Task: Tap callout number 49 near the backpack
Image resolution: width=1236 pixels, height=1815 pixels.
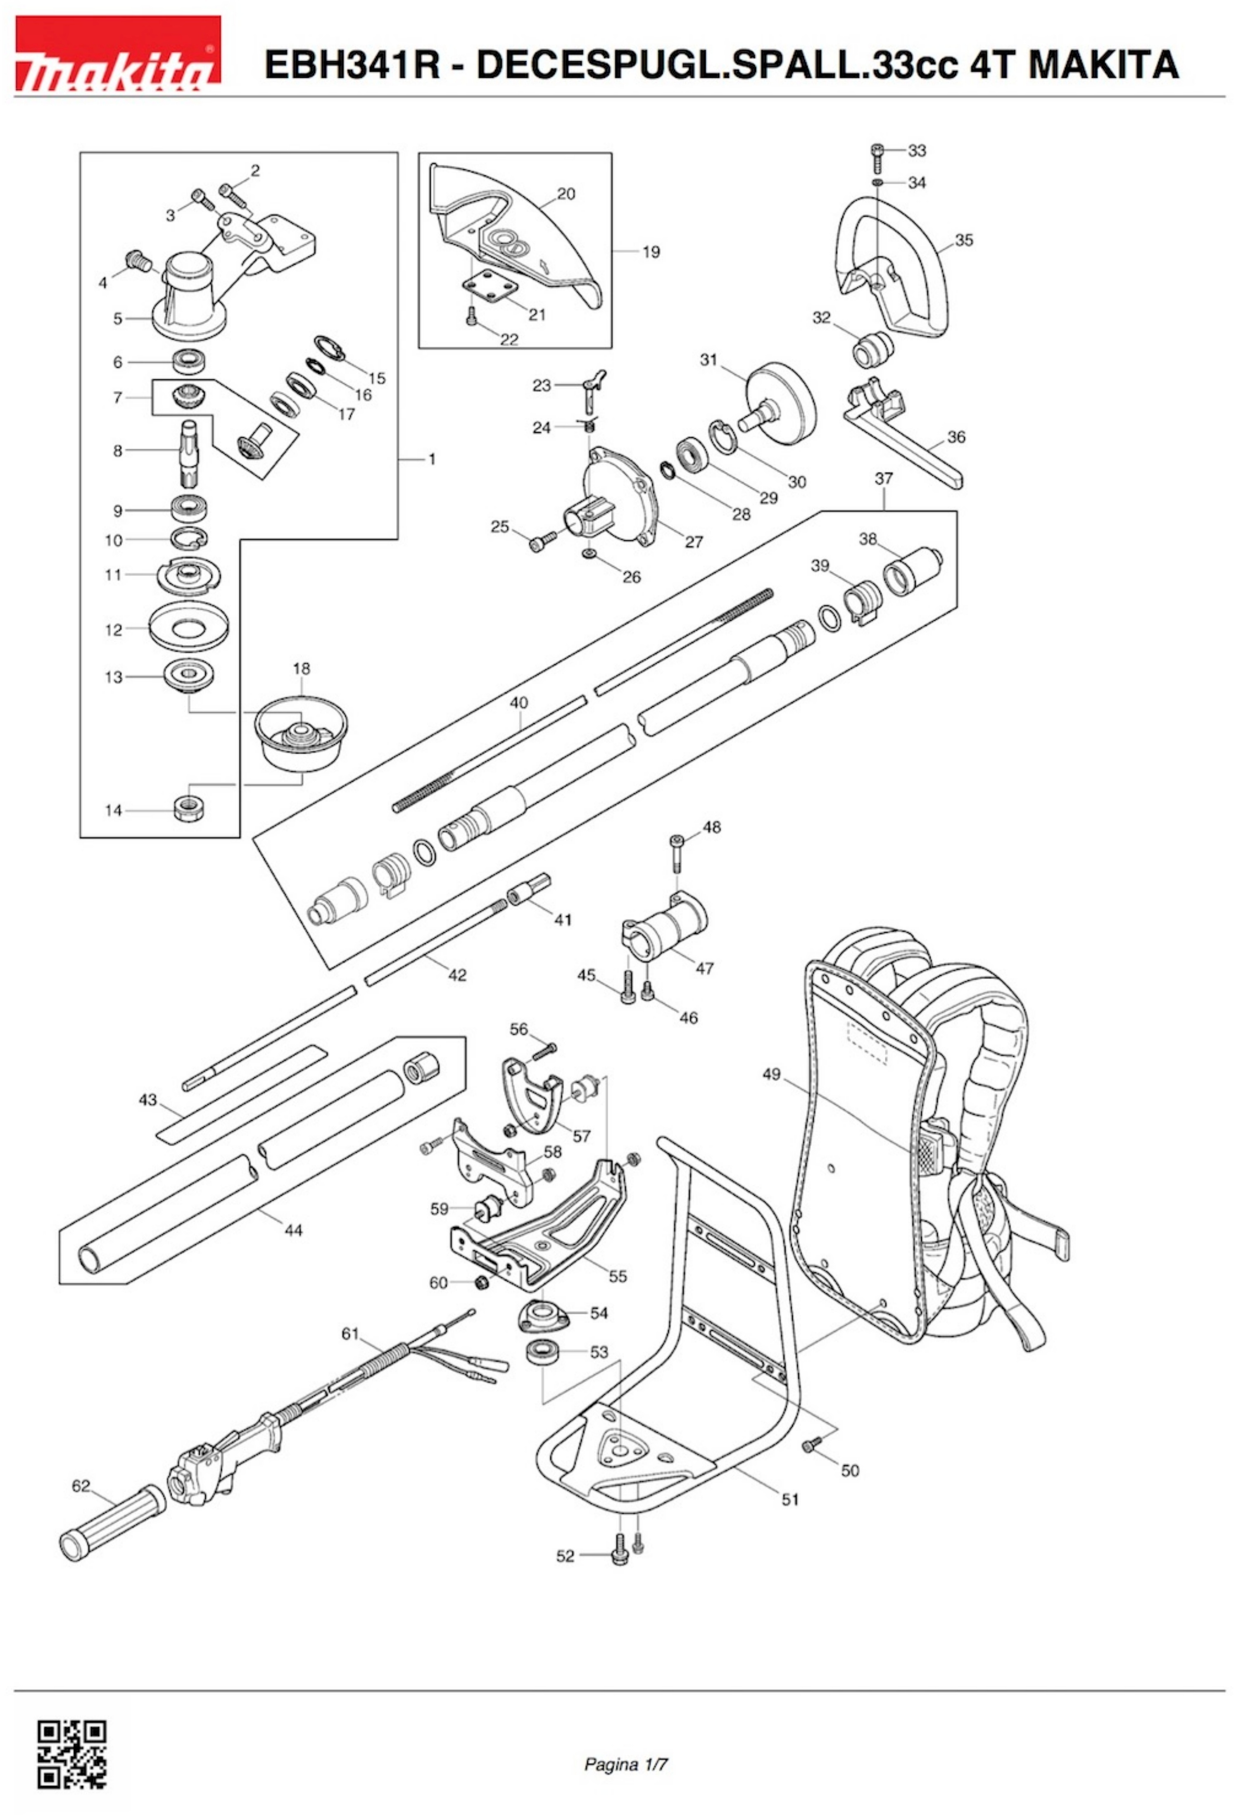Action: [x=771, y=1074]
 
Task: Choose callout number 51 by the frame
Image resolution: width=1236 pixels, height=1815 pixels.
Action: [x=790, y=1499]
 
